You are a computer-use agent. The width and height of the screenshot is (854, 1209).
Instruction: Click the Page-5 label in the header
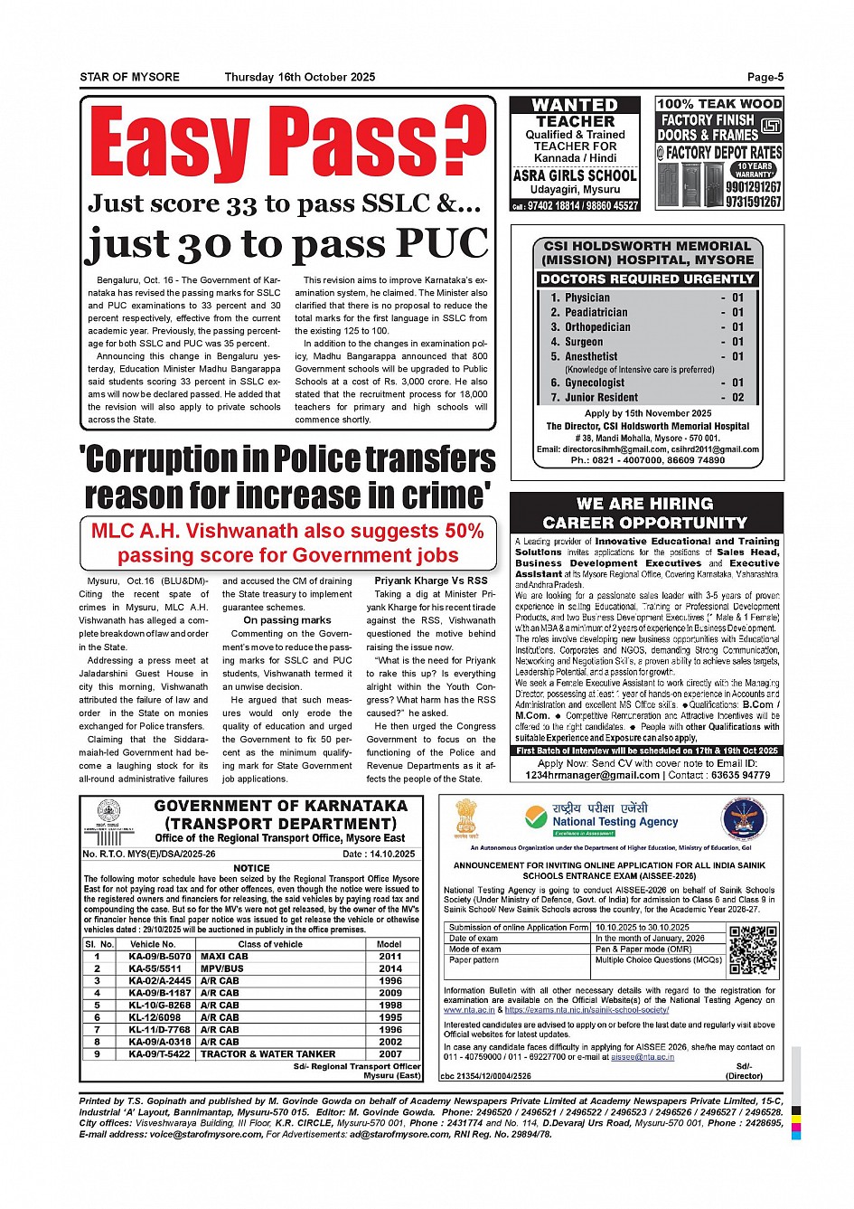point(765,78)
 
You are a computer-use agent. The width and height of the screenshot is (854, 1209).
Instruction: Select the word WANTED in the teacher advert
point(575,106)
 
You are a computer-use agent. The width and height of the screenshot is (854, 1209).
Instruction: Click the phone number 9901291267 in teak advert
point(754,187)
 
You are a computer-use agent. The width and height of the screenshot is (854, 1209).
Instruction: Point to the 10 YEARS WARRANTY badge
point(754,170)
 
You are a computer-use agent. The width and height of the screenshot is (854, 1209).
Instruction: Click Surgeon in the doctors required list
point(584,342)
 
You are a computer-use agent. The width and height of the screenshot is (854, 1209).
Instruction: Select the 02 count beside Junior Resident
point(738,398)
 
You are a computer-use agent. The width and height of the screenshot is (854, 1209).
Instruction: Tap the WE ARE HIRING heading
point(645,504)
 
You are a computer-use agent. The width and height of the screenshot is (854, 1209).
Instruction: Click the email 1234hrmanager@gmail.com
point(593,775)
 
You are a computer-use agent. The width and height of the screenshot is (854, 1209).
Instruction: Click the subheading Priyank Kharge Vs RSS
point(431,581)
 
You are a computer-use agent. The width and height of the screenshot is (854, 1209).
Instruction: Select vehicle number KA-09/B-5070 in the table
point(160,956)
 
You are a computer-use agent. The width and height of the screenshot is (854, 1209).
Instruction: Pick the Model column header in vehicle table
point(389,944)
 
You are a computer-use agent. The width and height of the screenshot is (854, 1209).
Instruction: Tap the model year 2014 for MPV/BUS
point(390,968)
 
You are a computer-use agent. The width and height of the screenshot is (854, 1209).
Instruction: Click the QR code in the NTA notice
point(753,949)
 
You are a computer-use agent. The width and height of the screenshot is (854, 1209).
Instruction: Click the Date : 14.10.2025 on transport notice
point(379,854)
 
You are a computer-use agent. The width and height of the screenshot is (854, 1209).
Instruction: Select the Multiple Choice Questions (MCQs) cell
point(659,960)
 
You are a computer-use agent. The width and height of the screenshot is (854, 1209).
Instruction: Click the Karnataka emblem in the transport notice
point(109,812)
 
